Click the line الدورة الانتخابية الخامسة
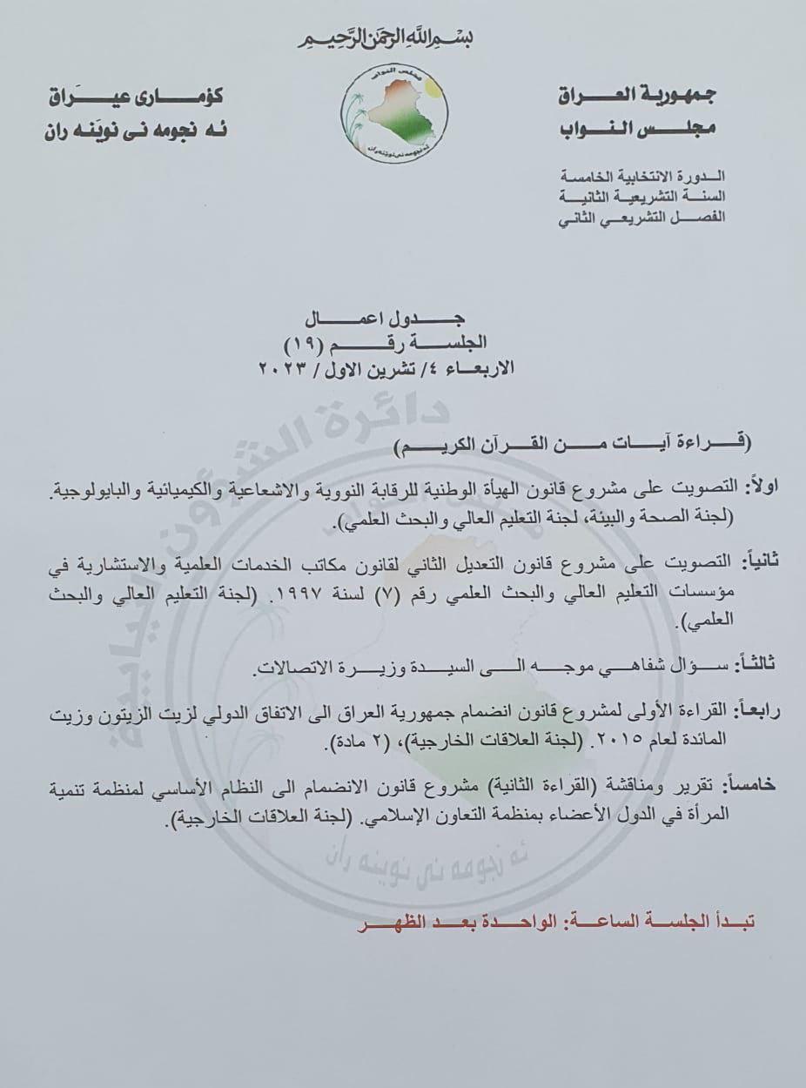641,177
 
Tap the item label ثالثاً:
752,665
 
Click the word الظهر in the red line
380,921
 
